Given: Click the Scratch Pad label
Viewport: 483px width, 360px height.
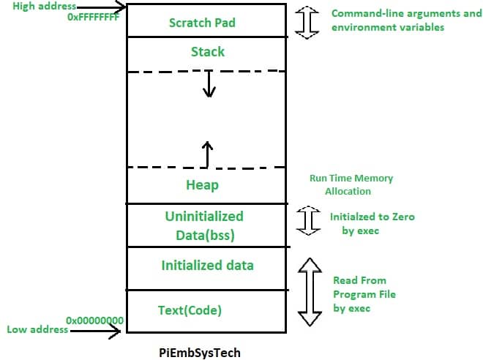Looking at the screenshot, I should [x=202, y=22].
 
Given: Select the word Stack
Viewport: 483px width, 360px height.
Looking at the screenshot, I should [x=207, y=52].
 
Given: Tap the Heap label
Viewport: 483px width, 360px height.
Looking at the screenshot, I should [x=202, y=185].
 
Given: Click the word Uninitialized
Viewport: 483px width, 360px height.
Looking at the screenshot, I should [x=203, y=217].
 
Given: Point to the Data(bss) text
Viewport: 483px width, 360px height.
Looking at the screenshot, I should [x=203, y=235].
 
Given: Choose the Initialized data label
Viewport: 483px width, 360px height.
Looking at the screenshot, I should [x=207, y=265].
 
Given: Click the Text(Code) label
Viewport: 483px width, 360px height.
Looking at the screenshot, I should [x=190, y=310].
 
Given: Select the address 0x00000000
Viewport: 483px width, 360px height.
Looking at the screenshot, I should [x=94, y=320].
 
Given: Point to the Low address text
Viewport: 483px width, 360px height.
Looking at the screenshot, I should [x=37, y=329].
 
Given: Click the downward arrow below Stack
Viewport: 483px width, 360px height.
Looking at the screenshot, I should [x=210, y=84].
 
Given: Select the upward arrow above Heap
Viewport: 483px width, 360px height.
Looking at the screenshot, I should [x=208, y=153].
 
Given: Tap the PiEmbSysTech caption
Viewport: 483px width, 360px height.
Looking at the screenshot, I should [x=199, y=352].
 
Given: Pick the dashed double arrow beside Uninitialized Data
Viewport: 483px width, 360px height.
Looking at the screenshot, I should [x=311, y=221].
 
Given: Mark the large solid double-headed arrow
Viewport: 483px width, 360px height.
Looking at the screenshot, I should [x=311, y=290].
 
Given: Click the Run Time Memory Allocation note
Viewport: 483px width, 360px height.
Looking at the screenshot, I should [x=351, y=184].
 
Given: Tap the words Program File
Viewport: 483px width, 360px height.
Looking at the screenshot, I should [x=364, y=294].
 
